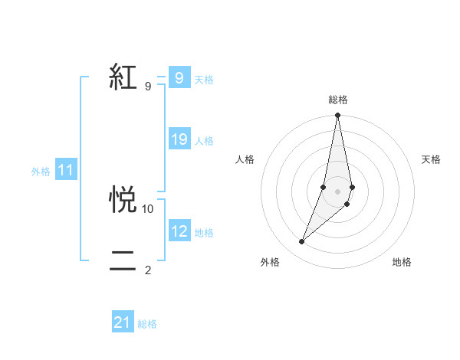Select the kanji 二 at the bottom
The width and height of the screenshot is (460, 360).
pyautogui.click(x=123, y=260)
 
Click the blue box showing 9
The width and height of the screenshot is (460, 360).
pyautogui.click(x=179, y=78)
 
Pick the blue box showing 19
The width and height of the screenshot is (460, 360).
pyautogui.click(x=179, y=139)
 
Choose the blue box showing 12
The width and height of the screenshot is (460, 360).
pyautogui.click(x=179, y=231)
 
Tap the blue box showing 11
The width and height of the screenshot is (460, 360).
pyautogui.click(x=66, y=171)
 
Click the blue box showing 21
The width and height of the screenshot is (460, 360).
pyautogui.click(x=123, y=322)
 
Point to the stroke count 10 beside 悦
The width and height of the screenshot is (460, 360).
pyautogui.click(x=148, y=208)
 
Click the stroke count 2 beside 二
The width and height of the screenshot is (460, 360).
pyautogui.click(x=148, y=270)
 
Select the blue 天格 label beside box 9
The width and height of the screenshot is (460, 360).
pyautogui.click(x=204, y=80)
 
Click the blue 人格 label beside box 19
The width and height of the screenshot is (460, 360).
pyautogui.click(x=204, y=141)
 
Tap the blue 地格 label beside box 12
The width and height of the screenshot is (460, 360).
pyautogui.click(x=204, y=233)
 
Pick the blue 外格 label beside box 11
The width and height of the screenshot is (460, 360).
pyautogui.click(x=41, y=172)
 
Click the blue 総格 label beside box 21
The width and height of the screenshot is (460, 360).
pyautogui.click(x=147, y=324)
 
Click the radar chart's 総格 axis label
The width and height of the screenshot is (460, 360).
pyautogui.click(x=337, y=100)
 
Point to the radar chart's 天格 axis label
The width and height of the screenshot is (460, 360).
pyautogui.click(x=431, y=159)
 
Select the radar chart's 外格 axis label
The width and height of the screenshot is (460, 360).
pyautogui.click(x=270, y=263)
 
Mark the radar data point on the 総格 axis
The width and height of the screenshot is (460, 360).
pyautogui.click(x=337, y=116)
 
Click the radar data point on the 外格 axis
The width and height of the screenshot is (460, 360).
pyautogui.click(x=301, y=242)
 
